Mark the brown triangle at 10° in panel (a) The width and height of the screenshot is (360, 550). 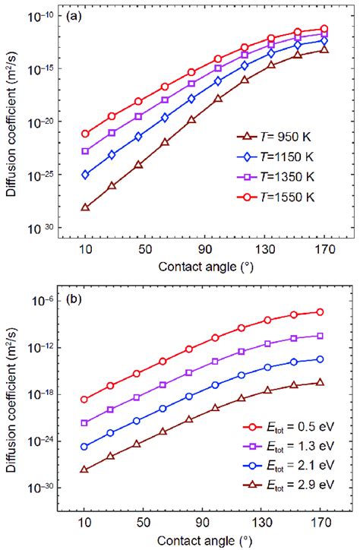coord(85,207)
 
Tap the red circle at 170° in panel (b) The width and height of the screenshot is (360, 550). coord(320,312)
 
